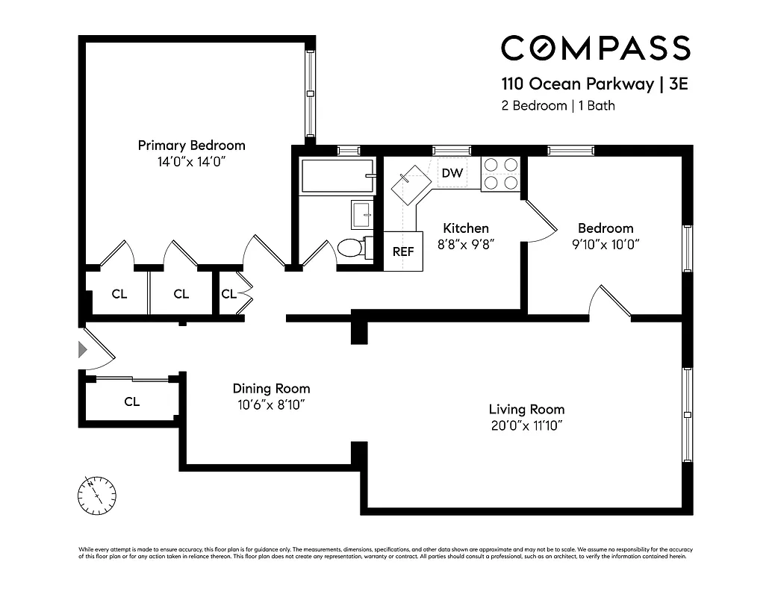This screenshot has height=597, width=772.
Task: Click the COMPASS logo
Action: pos(595,49)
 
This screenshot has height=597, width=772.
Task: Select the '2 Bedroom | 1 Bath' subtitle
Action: pos(558,105)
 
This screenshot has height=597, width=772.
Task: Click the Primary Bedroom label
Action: pos(191,146)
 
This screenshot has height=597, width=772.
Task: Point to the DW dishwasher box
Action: pos(452,173)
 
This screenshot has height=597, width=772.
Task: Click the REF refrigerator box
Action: pos(403,251)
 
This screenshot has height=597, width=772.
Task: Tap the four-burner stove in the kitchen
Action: pos(499,173)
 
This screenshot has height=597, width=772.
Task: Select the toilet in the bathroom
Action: pos(350,247)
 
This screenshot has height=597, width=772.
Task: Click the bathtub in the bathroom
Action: pos(337,177)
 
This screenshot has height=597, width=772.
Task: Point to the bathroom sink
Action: pos(361,214)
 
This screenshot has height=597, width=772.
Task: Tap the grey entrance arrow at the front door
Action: pos(83,348)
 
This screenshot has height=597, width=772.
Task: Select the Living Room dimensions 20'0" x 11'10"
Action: pos(526,426)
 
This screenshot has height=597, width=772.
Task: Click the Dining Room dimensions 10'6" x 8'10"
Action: pos(271,405)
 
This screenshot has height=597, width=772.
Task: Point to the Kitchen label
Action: pos(466,228)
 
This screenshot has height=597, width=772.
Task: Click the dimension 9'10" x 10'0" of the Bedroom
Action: pos(605,244)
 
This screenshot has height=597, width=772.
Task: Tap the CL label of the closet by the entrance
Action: pos(131,402)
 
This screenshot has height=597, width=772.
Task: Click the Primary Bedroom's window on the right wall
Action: pos(310,93)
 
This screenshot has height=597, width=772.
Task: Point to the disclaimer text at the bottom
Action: pos(386,553)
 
